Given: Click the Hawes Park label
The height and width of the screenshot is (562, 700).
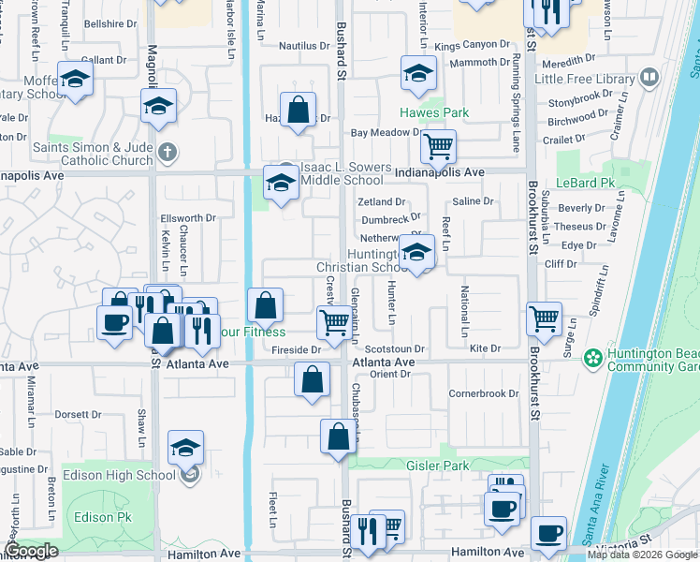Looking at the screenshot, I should pyautogui.click(x=434, y=112).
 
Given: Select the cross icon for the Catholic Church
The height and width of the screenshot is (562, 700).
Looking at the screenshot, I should pyautogui.click(x=167, y=152).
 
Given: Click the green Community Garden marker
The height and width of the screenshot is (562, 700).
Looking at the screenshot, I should pyautogui.click(x=591, y=357).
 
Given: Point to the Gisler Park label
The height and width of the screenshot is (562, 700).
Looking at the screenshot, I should pyautogui.click(x=437, y=466).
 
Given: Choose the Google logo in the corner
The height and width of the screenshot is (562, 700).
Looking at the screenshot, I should pyautogui.click(x=32, y=551).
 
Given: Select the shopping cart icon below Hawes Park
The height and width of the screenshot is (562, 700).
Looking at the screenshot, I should pyautogui.click(x=438, y=145).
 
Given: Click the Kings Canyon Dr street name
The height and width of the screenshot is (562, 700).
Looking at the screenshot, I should pyautogui.click(x=472, y=45).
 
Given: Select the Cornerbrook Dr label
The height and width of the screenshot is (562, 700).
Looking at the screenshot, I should pyautogui.click(x=483, y=394).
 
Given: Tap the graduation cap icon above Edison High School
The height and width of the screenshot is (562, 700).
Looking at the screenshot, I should pyautogui.click(x=186, y=449).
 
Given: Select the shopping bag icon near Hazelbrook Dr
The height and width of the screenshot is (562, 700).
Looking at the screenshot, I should pyautogui.click(x=298, y=109).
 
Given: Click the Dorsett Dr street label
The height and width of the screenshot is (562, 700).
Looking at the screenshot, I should pyautogui.click(x=78, y=414).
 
